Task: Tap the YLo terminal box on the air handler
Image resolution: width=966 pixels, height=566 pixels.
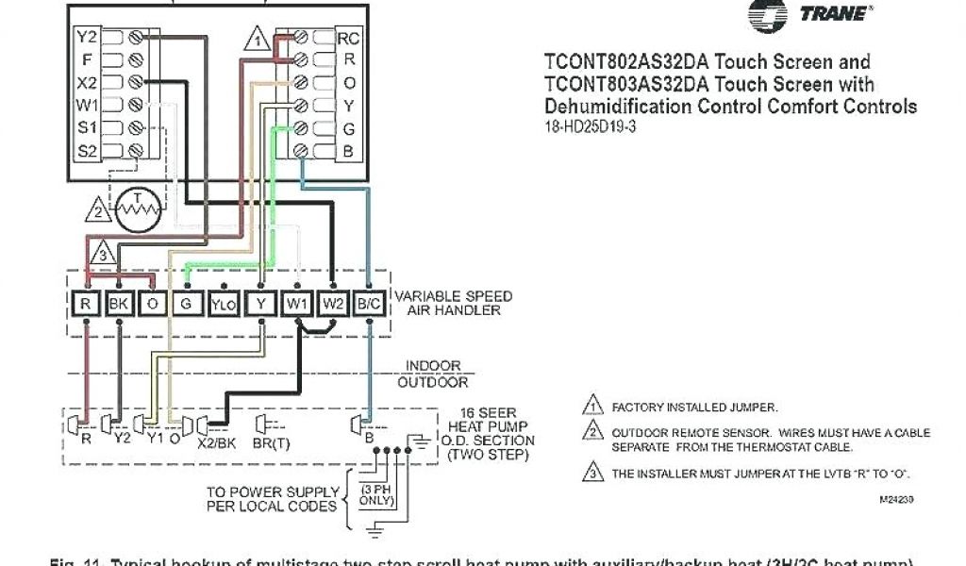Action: coord(223,304)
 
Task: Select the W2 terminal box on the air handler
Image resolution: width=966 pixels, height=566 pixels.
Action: coord(333,304)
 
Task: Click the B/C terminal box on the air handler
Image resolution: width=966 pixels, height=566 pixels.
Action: coord(369,304)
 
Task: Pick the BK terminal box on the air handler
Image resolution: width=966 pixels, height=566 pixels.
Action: coord(119,304)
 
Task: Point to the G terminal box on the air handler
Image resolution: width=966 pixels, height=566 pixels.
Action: coord(186,304)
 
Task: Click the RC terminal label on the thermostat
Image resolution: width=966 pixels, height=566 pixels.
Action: coord(349,39)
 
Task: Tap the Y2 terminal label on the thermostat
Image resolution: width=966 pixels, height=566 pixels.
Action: coord(87,38)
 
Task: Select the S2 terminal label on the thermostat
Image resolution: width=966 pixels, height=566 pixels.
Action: coord(87,150)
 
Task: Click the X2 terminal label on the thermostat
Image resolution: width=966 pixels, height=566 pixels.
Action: coord(87,83)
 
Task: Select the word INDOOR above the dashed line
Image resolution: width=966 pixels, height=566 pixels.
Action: coord(433,366)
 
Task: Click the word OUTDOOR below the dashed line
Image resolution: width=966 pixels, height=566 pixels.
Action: coord(433,382)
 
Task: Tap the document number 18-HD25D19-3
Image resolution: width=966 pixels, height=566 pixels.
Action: coord(591,126)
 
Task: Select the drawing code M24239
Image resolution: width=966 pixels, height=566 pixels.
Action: coord(896,499)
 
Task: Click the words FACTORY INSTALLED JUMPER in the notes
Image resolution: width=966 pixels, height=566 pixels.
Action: coord(694,408)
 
